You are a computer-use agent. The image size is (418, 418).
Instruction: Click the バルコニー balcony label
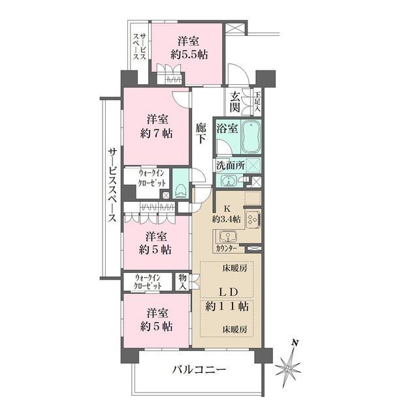coord(199,370)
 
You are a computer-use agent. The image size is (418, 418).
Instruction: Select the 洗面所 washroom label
coord(231,166)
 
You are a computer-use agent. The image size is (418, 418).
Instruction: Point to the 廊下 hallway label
coord(202,135)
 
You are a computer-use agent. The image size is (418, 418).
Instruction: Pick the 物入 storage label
coord(183,282)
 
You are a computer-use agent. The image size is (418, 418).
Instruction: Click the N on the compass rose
coord(295,342)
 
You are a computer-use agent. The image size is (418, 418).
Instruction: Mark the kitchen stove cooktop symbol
coord(251,219)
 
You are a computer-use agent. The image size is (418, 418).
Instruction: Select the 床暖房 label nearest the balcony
coord(233,328)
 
